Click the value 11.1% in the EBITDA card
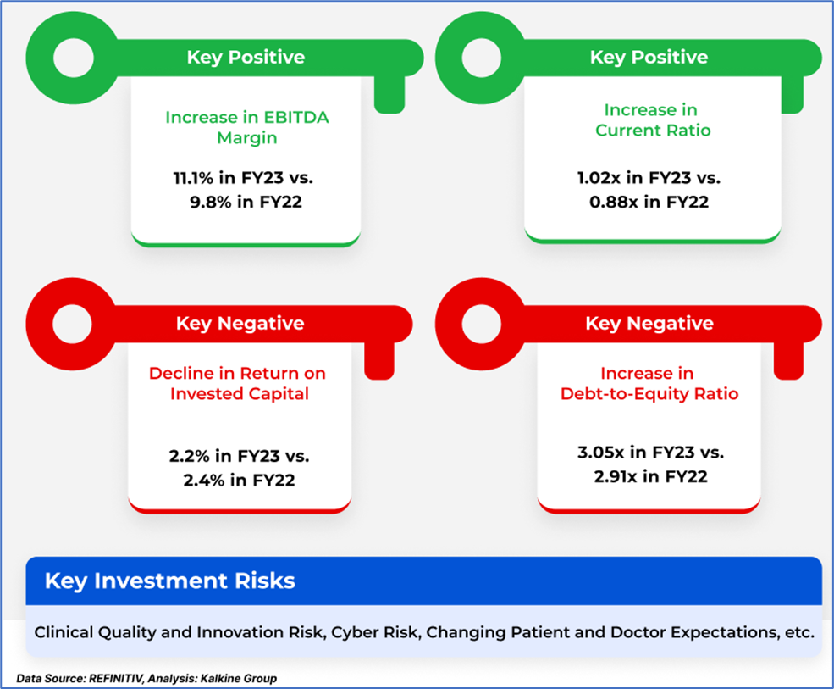click(193, 177)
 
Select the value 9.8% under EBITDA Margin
click(211, 202)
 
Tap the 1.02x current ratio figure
click(599, 177)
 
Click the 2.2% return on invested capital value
click(190, 456)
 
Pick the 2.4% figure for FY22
click(204, 481)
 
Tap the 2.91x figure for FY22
click(616, 476)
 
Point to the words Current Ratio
click(653, 131)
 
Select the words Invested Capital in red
click(240, 393)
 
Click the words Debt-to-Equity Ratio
click(649, 393)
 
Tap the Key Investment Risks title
click(169, 581)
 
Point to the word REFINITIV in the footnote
click(116, 678)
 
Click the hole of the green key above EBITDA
click(74, 58)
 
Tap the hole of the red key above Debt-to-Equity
click(482, 324)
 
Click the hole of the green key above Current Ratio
click(482, 58)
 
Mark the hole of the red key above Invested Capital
click(73, 324)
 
